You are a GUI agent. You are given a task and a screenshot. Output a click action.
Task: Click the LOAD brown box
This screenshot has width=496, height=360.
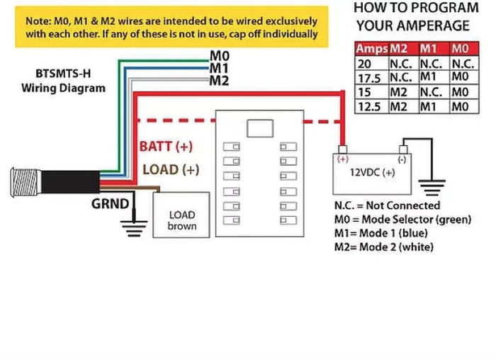tap(181, 220)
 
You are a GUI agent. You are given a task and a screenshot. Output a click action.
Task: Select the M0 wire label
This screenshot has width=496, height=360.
tap(219, 55)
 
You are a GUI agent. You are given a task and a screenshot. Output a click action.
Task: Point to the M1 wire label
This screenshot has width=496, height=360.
tap(219, 67)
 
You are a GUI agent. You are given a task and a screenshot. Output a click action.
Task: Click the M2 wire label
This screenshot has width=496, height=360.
tap(219, 80)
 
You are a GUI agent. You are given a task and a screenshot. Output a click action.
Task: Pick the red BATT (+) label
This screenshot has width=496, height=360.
tap(166, 147)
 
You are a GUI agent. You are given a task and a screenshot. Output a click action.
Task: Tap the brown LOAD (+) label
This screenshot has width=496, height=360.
tap(170, 169)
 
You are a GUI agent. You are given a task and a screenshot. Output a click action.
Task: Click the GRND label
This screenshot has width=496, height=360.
tap(110, 205)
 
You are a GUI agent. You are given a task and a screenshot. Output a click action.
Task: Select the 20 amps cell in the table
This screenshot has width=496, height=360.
tap(363, 62)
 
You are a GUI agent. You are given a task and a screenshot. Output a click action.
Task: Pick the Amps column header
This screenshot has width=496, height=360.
tap(371, 48)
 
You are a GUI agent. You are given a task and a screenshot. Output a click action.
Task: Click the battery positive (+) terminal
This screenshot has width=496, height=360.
tap(344, 151)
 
